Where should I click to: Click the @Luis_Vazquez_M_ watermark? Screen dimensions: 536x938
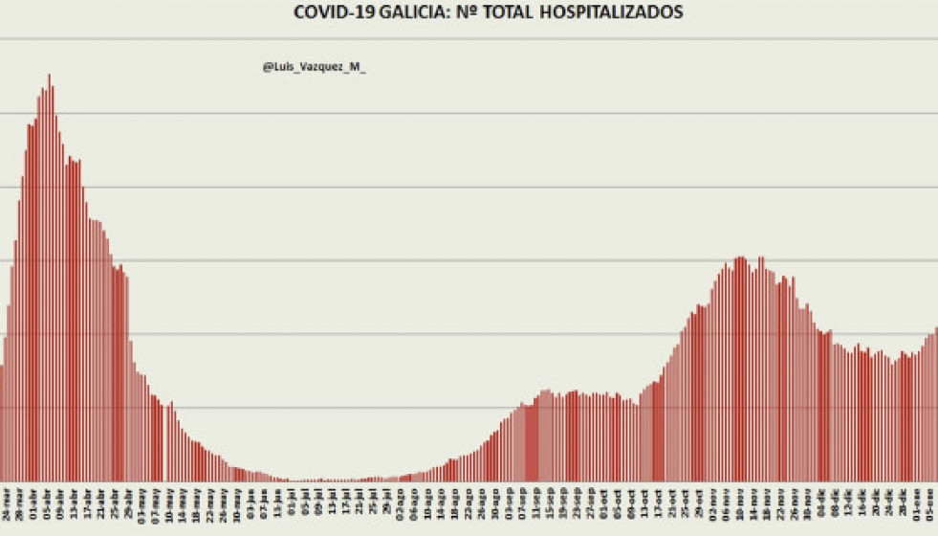click(314, 67)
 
